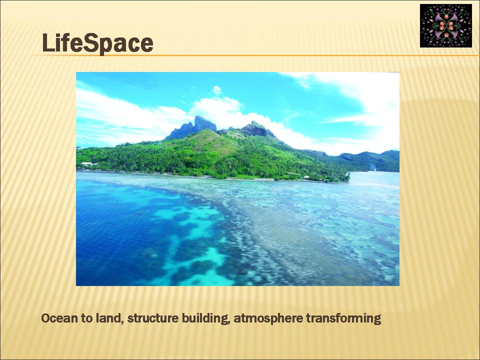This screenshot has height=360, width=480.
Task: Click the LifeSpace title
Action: pyautogui.click(x=97, y=43)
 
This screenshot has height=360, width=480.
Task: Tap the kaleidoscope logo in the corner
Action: pyautogui.click(x=445, y=25)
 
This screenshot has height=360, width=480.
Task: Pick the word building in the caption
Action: pyautogui.click(x=205, y=318)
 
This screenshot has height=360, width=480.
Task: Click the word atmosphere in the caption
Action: pyautogui.click(x=268, y=319)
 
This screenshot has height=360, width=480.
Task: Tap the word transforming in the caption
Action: pyautogui.click(x=343, y=318)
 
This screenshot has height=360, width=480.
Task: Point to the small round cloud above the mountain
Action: pyautogui.click(x=216, y=90)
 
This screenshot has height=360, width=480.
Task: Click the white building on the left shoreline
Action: pyautogui.click(x=86, y=164)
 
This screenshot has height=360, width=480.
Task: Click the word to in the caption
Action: pyautogui.click(x=87, y=318)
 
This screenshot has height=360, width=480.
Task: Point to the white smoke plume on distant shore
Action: pyautogui.click(x=372, y=167)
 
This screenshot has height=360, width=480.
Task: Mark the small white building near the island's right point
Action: pyautogui.click(x=306, y=177)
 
